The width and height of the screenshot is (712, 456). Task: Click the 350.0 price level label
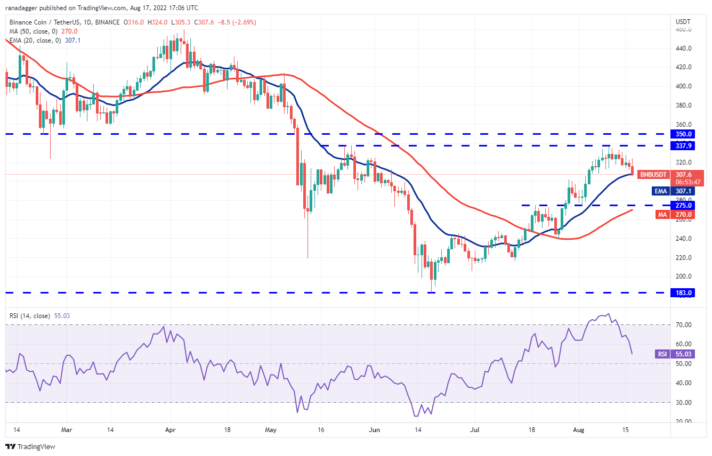click(683, 134)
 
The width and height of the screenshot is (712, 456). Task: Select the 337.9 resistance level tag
click(683, 145)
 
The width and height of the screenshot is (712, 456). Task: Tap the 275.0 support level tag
click(683, 205)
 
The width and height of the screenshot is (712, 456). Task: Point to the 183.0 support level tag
click(683, 293)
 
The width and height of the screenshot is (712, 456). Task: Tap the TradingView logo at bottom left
click(30, 446)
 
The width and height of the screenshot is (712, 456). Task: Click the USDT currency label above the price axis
click(683, 22)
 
